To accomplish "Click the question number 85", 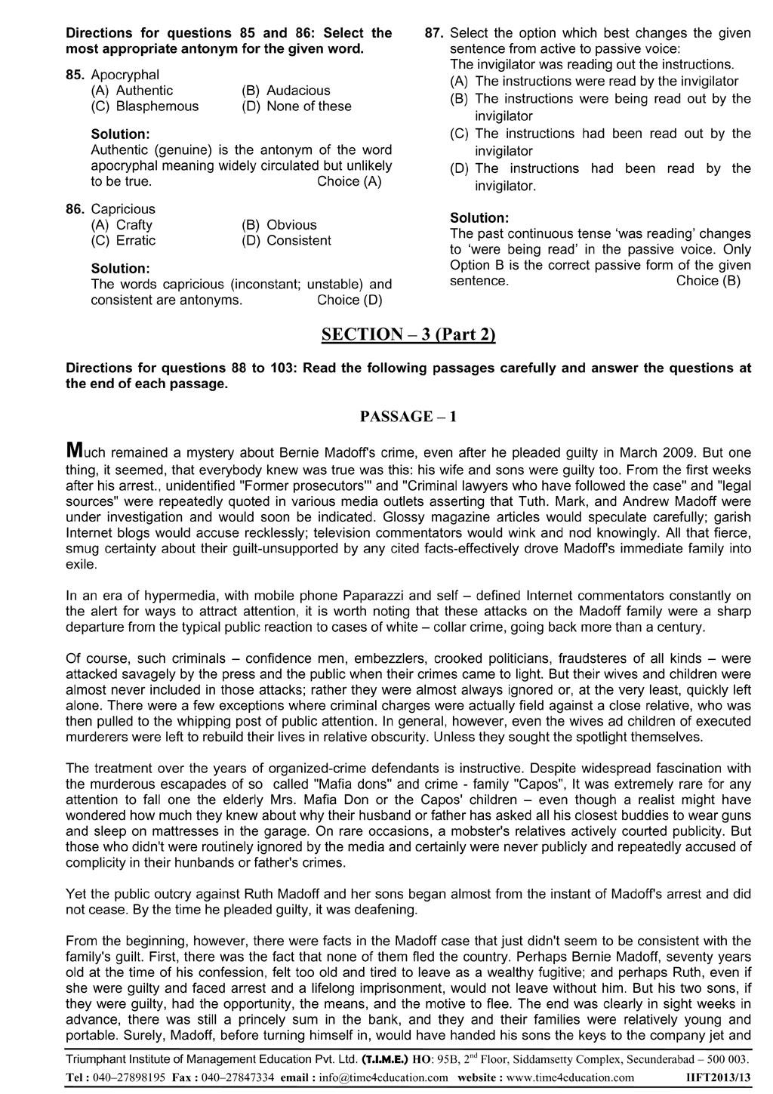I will coord(76,75).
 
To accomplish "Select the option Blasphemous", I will coord(157,106).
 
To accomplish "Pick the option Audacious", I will coord(298,91).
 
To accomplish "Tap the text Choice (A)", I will coord(350,181).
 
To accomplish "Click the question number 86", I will coord(76,208).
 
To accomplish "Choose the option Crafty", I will coord(134,224).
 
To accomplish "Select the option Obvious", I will coord(291,224).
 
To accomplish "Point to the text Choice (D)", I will coord(350,300).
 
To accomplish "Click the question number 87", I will coord(435,32).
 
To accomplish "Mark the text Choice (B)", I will coord(708,281).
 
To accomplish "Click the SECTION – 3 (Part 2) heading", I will coord(408,334).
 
